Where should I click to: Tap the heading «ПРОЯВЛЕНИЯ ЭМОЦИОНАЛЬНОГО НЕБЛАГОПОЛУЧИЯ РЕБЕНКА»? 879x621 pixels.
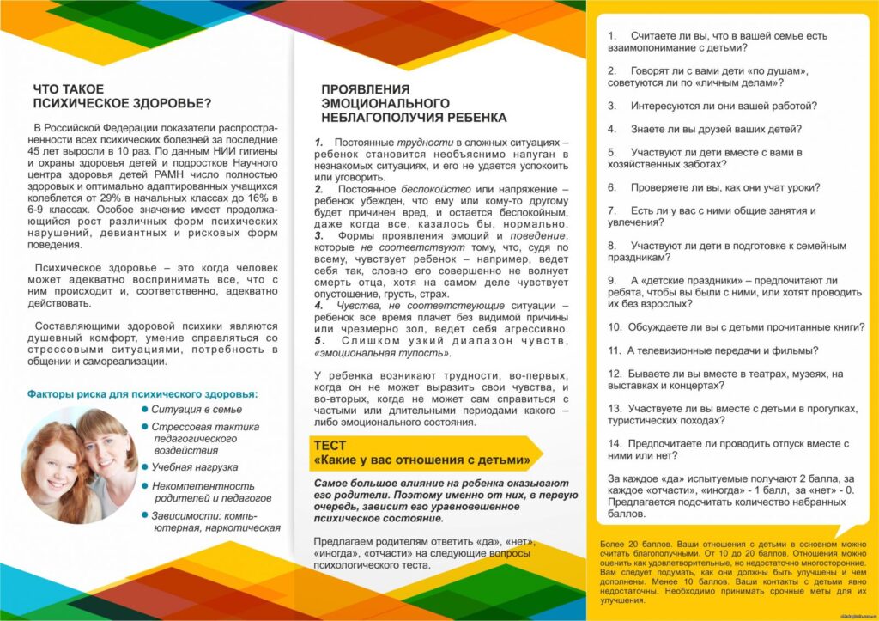(413, 103)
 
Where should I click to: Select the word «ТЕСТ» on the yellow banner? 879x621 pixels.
(330, 446)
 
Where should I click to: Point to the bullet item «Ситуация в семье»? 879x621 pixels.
(197, 410)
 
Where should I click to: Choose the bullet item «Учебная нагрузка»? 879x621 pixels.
(195, 467)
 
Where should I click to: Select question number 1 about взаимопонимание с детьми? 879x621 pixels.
(717, 42)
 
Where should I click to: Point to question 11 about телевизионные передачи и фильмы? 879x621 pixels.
(712, 350)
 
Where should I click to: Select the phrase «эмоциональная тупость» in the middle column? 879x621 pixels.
(381, 353)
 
